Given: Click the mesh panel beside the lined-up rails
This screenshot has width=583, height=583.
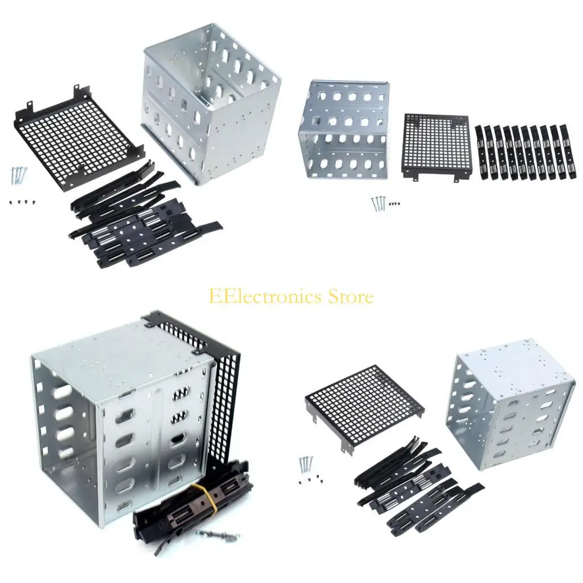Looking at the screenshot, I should point(436,145).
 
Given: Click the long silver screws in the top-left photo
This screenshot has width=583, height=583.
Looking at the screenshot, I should point(17,175).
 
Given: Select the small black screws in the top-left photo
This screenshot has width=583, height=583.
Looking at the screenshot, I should point(20,202).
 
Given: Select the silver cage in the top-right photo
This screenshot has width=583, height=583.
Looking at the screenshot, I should point(343,129).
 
